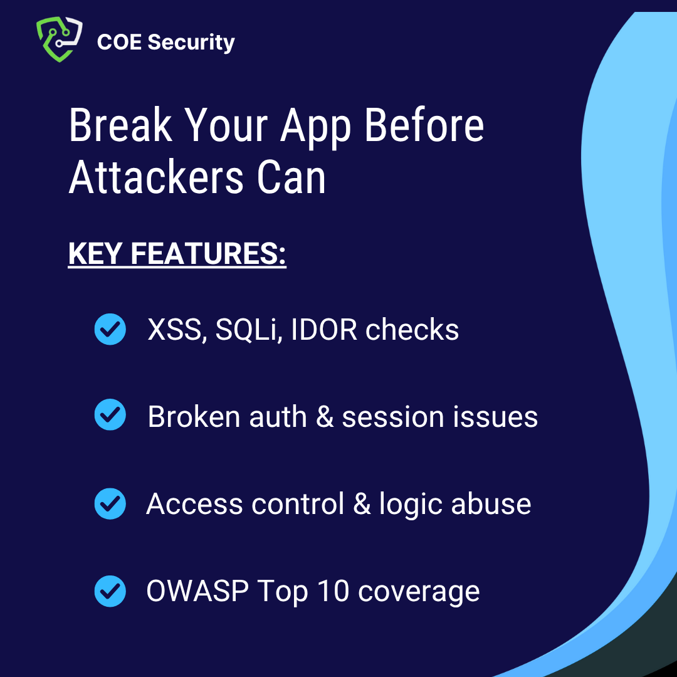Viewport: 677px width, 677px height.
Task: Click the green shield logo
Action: click(59, 39)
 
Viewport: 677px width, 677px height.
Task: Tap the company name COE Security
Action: click(165, 42)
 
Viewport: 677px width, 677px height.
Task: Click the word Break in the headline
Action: click(120, 125)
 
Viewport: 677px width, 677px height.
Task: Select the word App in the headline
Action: click(316, 125)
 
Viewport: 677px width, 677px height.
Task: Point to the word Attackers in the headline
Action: click(156, 177)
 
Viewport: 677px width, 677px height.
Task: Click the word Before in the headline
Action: click(424, 125)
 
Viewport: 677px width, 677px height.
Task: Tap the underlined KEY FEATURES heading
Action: click(177, 255)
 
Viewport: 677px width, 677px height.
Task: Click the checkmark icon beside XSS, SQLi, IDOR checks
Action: click(110, 329)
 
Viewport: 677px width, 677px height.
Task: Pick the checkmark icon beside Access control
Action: click(110, 503)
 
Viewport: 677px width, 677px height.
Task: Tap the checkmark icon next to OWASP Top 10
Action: click(110, 590)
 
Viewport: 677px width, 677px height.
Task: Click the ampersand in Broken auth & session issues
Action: click(325, 417)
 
